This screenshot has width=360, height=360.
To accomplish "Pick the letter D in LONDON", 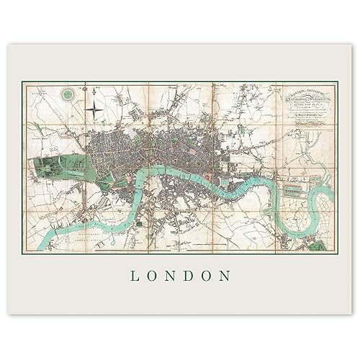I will (189, 276).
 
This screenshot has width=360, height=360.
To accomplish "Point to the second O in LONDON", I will (208, 276).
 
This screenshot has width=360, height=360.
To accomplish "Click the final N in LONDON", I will (228, 276).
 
